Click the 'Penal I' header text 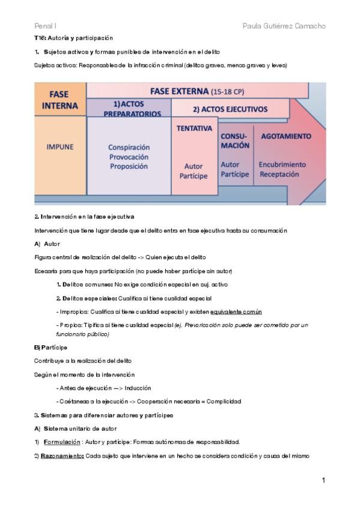click(x=45, y=26)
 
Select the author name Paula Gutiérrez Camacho click(x=284, y=26)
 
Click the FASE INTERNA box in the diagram click(x=60, y=100)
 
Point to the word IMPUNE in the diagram click(x=60, y=146)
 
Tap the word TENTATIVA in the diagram click(x=194, y=129)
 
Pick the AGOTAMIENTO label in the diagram click(x=286, y=136)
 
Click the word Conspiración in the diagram click(x=129, y=147)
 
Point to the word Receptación click(x=279, y=174)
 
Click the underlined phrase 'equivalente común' click(x=236, y=312)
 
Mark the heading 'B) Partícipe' click(x=51, y=347)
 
